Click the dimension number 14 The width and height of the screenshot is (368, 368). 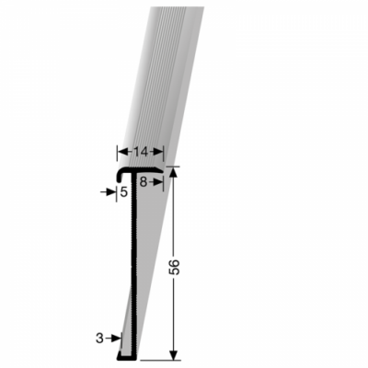140,151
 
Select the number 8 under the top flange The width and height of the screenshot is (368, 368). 144,183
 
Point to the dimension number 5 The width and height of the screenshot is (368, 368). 123,192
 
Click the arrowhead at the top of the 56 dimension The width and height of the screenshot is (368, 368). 173,171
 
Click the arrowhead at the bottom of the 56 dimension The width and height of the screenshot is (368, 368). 173,354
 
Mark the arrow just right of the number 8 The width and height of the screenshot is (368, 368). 156,183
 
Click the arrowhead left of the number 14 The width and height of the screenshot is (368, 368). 121,151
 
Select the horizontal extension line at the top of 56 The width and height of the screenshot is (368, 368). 175,167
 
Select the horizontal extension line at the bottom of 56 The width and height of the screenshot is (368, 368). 161,359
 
